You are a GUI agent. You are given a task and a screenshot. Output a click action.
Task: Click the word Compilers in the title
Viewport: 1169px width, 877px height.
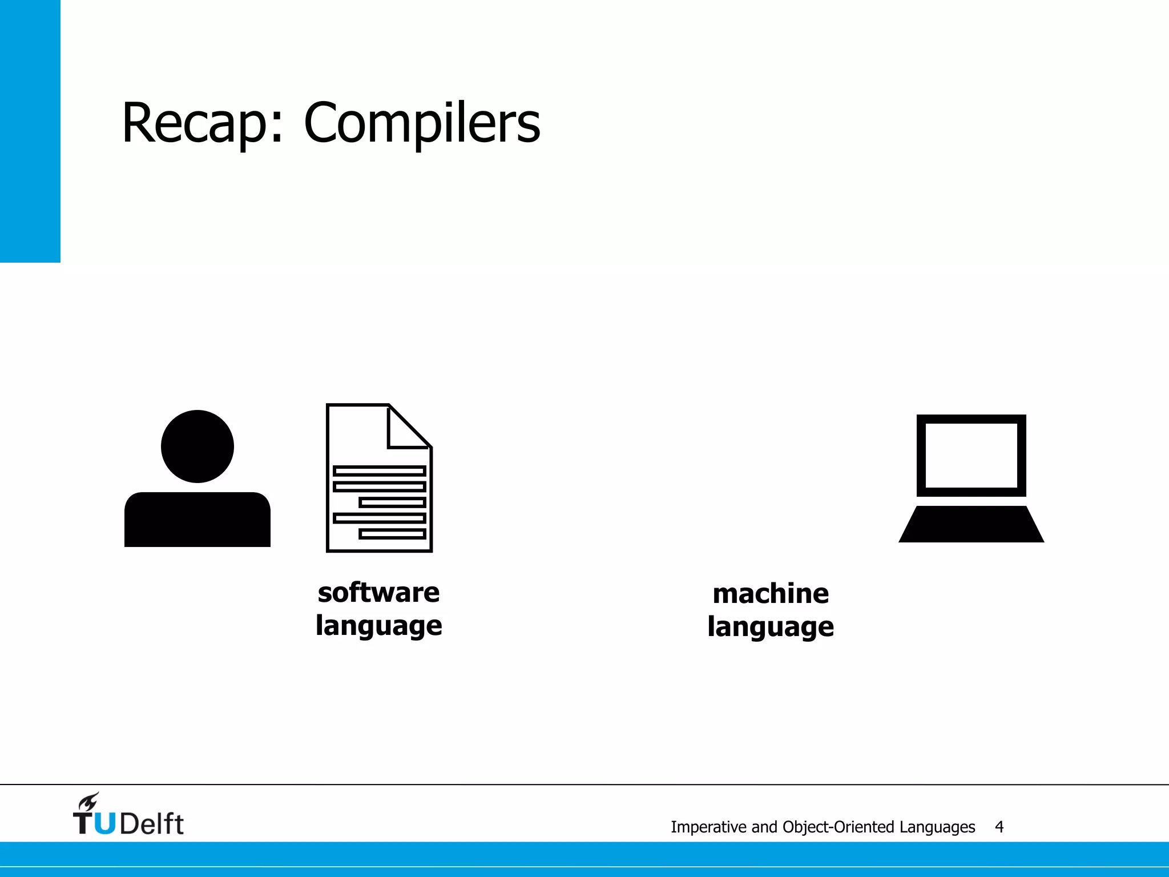[422, 123]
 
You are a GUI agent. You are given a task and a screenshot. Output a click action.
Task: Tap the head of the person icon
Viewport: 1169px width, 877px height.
[197, 446]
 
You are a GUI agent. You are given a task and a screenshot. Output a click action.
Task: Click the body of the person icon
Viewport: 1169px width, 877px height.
[197, 520]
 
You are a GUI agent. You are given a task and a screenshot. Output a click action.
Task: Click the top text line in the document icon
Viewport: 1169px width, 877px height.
[380, 471]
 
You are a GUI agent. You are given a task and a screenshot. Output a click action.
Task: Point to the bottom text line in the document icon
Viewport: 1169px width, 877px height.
[393, 534]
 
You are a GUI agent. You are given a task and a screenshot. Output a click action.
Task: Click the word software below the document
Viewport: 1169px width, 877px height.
[379, 593]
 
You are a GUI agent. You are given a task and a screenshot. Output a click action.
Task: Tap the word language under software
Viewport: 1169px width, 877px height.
[379, 626]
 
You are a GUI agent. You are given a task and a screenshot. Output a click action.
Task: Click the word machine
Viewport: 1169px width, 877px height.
[771, 594]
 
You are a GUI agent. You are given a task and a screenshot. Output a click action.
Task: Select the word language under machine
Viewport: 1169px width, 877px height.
[771, 627]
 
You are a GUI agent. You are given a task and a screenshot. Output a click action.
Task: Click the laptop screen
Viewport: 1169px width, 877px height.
[971, 456]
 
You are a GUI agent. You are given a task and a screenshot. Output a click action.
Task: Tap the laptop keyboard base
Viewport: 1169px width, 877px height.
[971, 524]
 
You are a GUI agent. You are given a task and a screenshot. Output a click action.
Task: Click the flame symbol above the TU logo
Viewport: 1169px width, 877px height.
[89, 802]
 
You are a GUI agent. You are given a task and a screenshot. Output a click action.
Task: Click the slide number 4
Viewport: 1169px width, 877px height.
[999, 827]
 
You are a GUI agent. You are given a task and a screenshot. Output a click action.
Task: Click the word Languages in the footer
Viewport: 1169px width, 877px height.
[937, 827]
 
